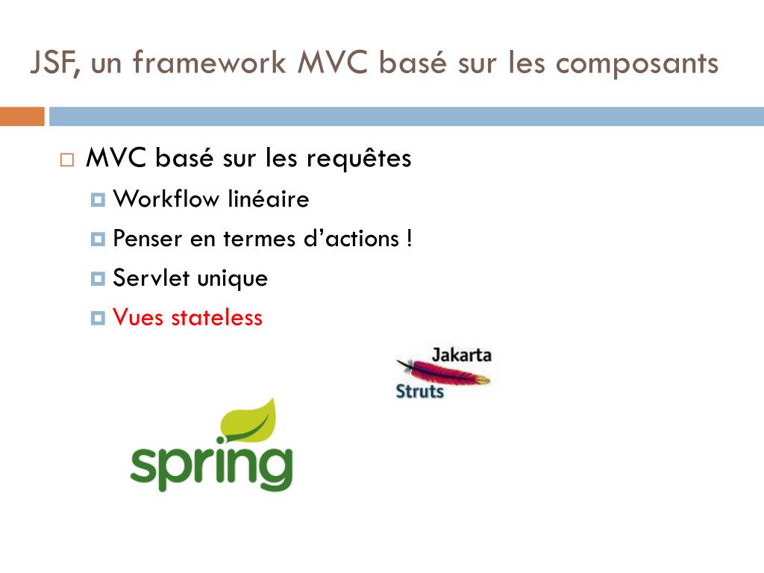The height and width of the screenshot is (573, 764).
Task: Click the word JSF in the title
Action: tap(54, 63)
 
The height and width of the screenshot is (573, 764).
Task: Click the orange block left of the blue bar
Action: tap(22, 116)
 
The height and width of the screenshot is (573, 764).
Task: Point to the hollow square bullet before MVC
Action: tap(67, 160)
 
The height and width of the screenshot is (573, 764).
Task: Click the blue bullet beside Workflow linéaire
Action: tap(97, 200)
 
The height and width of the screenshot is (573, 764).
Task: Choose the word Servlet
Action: tap(151, 278)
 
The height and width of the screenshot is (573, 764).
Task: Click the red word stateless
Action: tap(216, 318)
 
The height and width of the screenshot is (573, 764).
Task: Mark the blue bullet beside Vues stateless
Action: tap(97, 319)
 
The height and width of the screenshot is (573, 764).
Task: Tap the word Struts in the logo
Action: tap(419, 390)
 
